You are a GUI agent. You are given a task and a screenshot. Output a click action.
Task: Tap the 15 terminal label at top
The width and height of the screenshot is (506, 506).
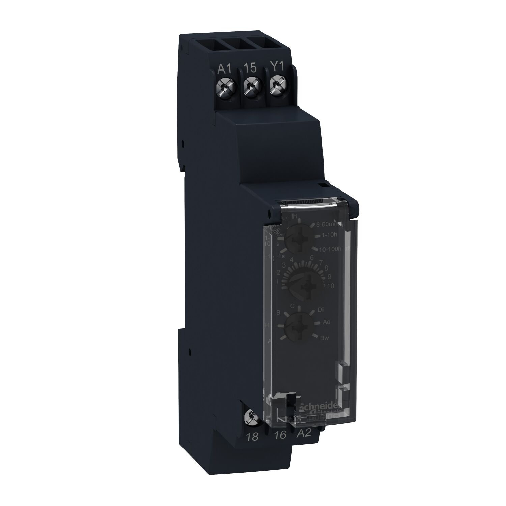point(250,68)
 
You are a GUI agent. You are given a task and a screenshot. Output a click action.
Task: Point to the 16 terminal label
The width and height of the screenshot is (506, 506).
point(281,435)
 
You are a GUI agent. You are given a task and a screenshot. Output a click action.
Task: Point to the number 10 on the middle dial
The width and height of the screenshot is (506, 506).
point(330,286)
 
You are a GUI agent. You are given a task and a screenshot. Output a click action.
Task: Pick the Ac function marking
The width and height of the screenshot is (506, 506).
point(326,322)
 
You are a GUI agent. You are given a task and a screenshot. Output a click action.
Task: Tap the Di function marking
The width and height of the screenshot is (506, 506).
point(321,309)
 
